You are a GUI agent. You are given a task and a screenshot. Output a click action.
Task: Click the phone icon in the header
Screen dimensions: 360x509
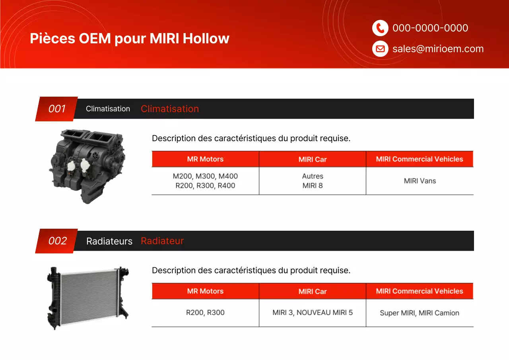point(380,28)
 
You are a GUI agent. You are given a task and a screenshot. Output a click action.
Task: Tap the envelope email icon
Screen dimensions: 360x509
point(380,49)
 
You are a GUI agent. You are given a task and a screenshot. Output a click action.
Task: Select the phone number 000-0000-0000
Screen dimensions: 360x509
point(430,28)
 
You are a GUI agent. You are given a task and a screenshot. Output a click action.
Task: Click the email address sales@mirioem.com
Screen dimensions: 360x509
point(438,49)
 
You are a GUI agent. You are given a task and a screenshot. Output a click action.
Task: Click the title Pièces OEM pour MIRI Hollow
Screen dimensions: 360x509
point(130,38)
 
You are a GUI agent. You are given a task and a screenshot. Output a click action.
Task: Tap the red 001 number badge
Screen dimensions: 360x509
point(56,109)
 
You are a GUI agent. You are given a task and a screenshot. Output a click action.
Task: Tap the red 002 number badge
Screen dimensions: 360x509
point(57,241)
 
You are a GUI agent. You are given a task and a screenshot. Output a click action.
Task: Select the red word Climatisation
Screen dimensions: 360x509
point(169,109)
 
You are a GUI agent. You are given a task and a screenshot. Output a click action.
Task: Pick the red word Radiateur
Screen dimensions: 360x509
point(162,241)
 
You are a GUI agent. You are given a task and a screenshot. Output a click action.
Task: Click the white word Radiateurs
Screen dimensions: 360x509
point(109,241)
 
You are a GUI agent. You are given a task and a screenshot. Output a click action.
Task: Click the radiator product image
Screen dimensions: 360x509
point(88,297)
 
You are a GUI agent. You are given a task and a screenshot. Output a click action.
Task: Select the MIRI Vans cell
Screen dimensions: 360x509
point(420,181)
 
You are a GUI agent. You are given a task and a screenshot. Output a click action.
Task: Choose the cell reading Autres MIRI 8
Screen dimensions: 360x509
point(313,181)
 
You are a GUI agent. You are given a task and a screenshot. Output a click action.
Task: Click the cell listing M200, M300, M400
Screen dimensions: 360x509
point(205,181)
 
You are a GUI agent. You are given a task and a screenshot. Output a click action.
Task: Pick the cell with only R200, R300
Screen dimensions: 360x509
point(205,313)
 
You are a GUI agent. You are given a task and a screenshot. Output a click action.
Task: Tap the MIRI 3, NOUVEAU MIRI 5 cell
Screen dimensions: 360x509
point(313,313)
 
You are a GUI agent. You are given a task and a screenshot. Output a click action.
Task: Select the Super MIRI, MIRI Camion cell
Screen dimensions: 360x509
point(420,313)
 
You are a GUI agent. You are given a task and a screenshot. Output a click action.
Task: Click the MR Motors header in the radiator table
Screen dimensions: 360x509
point(205,291)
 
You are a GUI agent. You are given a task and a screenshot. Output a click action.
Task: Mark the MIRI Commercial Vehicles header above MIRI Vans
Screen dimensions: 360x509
point(420,159)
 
